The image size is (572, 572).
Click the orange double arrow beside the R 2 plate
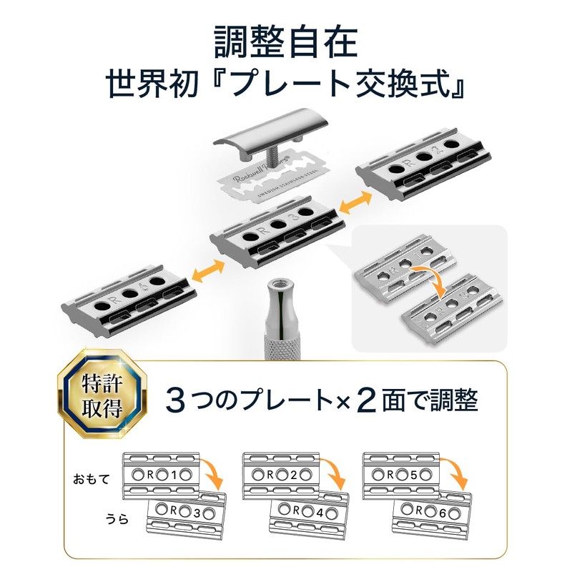pyautogui.click(x=355, y=204)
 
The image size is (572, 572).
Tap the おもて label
pyautogui.click(x=92, y=479)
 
